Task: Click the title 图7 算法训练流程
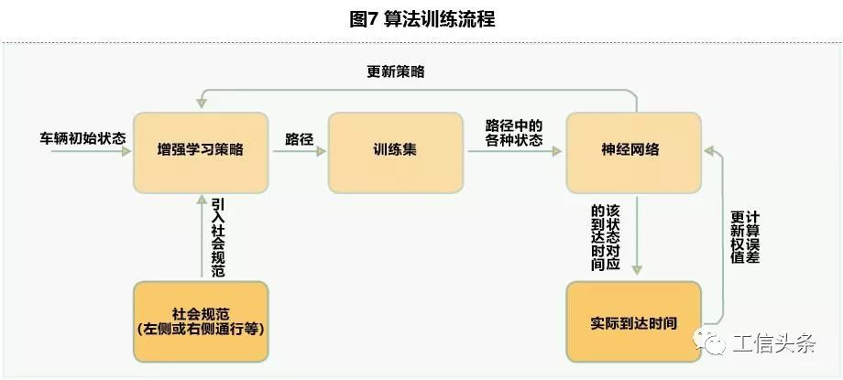pyautogui.click(x=422, y=19)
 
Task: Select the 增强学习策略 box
pyautogui.click(x=201, y=150)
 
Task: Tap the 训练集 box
pyautogui.click(x=395, y=150)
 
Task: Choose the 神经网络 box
pyautogui.click(x=633, y=150)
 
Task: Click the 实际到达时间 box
pyautogui.click(x=633, y=322)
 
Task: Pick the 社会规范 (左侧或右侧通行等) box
pyautogui.click(x=201, y=321)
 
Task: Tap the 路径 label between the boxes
pyautogui.click(x=299, y=139)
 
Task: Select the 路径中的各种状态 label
pyautogui.click(x=514, y=134)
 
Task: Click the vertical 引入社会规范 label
pyautogui.click(x=217, y=236)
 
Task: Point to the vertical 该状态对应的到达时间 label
pyautogui.click(x=606, y=236)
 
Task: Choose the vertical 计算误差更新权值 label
pyautogui.click(x=745, y=236)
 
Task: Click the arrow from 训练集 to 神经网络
pyautogui.click(x=514, y=153)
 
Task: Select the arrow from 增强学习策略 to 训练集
pyautogui.click(x=299, y=153)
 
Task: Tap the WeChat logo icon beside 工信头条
pyautogui.click(x=710, y=342)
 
